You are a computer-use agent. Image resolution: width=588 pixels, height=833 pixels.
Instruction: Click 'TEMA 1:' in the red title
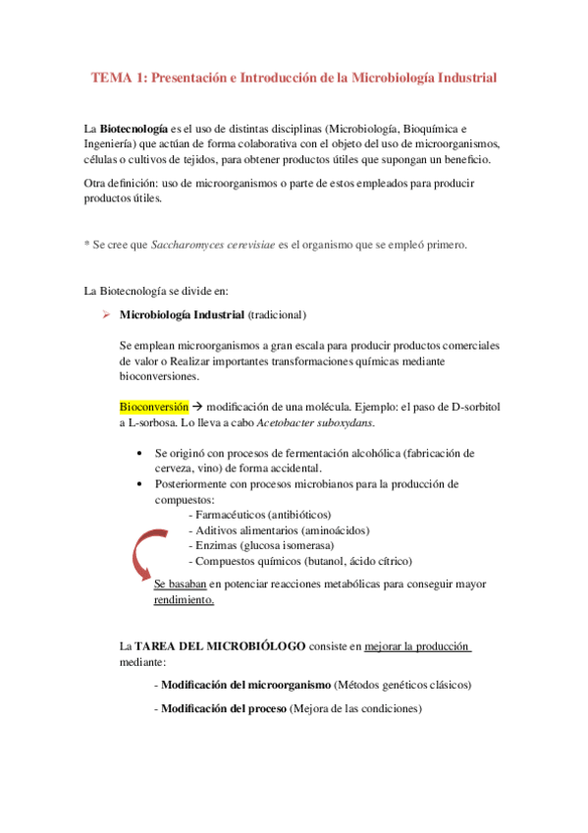(x=117, y=76)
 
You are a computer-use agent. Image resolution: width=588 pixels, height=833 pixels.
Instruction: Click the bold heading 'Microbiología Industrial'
(x=182, y=315)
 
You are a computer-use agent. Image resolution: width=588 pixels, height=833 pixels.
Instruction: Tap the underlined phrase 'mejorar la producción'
(x=417, y=647)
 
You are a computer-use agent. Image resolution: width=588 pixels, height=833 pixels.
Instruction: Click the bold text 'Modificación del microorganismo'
(x=245, y=684)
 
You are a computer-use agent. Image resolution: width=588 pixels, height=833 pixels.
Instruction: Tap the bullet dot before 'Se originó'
(x=144, y=453)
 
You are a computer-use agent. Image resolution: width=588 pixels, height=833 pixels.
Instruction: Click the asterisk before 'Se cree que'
(x=86, y=246)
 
